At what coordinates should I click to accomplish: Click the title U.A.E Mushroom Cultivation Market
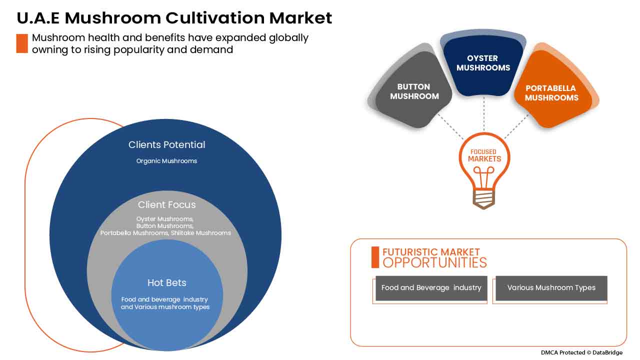click(x=174, y=18)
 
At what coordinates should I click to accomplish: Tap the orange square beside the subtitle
click(x=22, y=43)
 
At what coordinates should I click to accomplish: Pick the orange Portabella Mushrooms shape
click(x=551, y=91)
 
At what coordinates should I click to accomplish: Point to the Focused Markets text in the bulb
click(x=484, y=155)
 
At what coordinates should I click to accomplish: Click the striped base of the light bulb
click(x=483, y=198)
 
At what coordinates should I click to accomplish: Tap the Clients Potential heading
click(x=166, y=145)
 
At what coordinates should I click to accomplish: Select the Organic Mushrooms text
click(x=166, y=161)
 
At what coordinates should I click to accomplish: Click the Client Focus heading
click(x=167, y=204)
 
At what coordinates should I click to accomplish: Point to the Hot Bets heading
click(x=167, y=282)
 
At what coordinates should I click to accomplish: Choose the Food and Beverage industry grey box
click(x=431, y=288)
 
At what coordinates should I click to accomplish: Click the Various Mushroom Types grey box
click(x=551, y=288)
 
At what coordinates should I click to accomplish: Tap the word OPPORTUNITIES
click(x=434, y=263)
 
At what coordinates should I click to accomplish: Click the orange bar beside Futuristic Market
click(x=375, y=257)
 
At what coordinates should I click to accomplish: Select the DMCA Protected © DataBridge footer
click(x=581, y=352)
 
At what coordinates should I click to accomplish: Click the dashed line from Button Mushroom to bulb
click(x=450, y=126)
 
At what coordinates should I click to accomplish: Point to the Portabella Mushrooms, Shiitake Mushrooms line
click(x=165, y=233)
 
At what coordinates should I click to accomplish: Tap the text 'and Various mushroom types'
click(x=165, y=307)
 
